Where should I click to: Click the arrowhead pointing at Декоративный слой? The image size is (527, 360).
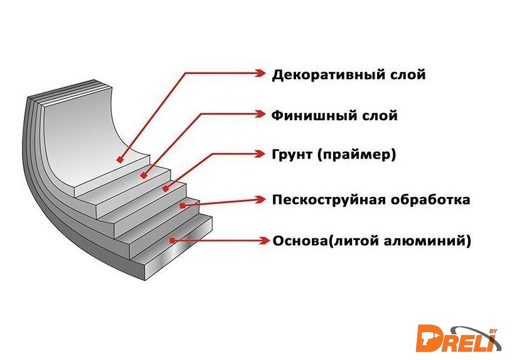point(262,73)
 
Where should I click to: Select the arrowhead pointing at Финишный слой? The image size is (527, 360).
point(262,114)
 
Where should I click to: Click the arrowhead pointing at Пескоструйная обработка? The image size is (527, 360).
point(262,200)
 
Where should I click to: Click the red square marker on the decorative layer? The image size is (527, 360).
point(119,161)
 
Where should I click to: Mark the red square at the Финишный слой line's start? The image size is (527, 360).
point(144,176)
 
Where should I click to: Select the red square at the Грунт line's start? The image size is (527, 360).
point(166,189)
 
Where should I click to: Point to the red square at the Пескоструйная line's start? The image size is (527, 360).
point(182,204)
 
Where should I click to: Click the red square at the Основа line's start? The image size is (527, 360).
point(172,240)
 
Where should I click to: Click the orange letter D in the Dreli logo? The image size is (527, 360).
point(433,337)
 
